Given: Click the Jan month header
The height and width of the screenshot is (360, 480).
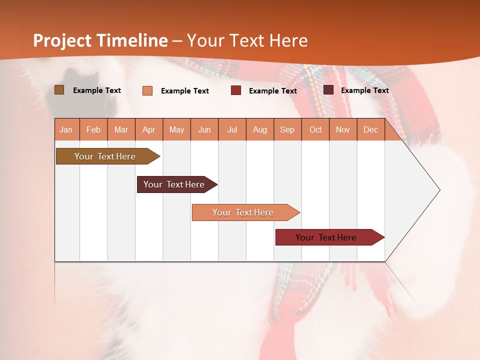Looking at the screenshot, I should tap(66, 130).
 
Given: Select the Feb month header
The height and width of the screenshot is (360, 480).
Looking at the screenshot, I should tap(93, 130).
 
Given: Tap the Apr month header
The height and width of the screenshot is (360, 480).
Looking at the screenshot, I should tap(148, 130).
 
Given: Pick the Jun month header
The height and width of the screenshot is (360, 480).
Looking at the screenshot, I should tap(204, 130).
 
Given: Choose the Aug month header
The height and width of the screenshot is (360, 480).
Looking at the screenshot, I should tap(259, 130).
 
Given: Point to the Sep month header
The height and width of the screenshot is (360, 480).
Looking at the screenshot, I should tap(287, 130).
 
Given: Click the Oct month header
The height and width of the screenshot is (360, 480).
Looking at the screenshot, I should tap(315, 130).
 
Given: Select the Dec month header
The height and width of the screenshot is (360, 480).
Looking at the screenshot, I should tap(370, 130).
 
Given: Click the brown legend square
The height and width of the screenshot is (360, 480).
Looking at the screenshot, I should tap(59, 90).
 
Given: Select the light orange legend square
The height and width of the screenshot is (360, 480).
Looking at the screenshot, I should tap(147, 90).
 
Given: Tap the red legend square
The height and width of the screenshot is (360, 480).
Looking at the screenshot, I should tap(236, 90).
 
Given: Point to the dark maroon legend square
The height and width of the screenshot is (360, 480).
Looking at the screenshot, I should tap(328, 90).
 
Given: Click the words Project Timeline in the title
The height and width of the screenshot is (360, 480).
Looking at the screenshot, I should tap(100, 40).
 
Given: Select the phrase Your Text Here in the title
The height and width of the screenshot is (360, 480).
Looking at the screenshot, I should tap(247, 40).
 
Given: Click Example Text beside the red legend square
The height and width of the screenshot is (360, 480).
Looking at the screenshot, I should tap(272, 91).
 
